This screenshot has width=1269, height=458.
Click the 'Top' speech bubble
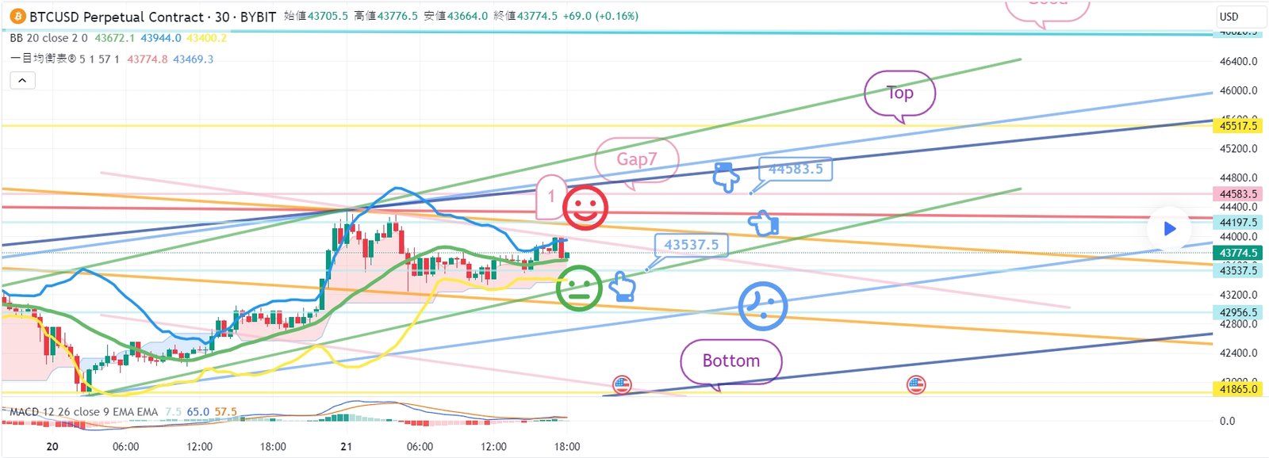(899, 94)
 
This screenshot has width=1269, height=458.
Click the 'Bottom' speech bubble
(730, 361)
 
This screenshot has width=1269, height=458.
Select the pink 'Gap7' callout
(636, 159)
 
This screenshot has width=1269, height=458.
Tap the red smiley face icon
(585, 208)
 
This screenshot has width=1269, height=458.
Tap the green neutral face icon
(579, 288)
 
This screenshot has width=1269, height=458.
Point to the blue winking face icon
(762, 306)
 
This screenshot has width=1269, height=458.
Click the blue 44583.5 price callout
(795, 169)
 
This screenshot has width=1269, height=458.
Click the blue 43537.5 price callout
(691, 245)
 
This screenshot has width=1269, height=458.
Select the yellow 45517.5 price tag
(1238, 126)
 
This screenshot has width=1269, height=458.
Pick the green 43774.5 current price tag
(1238, 254)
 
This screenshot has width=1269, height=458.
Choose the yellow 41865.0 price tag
(1238, 389)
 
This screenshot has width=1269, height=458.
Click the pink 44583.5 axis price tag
(1238, 194)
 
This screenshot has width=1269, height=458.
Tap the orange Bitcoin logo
(17, 17)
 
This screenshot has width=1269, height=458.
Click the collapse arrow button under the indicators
(22, 80)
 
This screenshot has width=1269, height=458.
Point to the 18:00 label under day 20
(273, 447)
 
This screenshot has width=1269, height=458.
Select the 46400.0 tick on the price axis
(1238, 61)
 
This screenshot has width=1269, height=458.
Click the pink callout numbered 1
(551, 197)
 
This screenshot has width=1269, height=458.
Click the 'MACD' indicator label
(24, 412)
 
